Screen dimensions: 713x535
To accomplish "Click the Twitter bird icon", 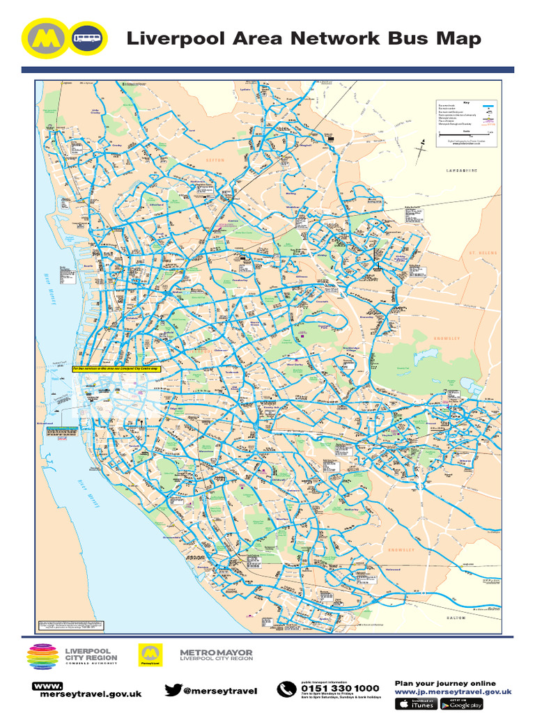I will click(173, 690).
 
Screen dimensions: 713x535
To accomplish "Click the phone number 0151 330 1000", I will click(340, 688).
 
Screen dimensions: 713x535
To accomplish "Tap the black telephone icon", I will click(286, 690).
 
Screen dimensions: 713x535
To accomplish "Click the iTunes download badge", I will click(416, 704).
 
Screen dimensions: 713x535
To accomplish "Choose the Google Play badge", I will click(462, 704).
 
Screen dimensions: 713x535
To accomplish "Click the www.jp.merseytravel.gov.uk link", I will click(453, 693).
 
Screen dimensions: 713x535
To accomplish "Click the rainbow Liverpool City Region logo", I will click(43, 657).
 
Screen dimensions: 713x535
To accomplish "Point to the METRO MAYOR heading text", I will click(216, 652).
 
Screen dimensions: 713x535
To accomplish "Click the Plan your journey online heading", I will click(445, 683).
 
